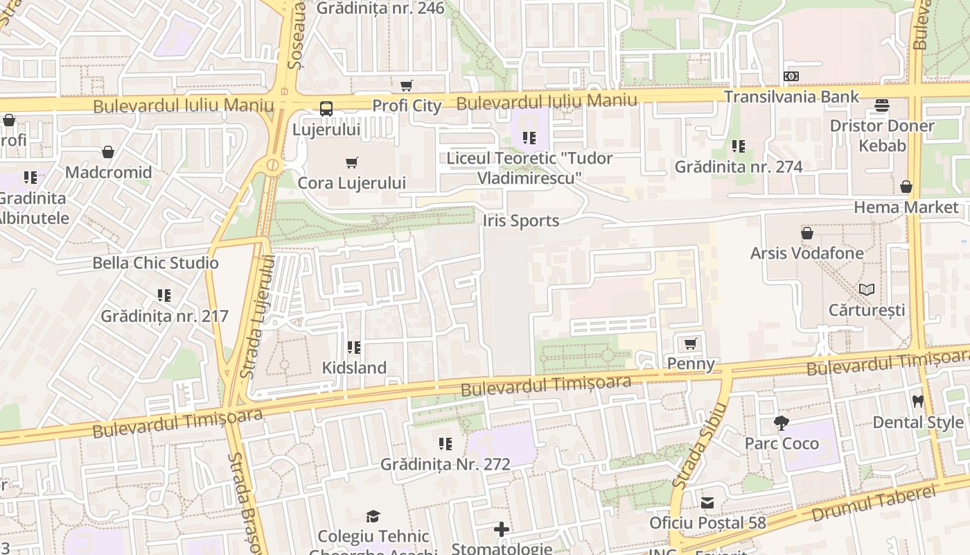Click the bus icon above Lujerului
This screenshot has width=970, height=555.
(326, 108)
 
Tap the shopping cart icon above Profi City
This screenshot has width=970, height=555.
(407, 86)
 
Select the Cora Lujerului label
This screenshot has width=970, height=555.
(351, 183)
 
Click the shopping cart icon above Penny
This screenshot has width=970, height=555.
(691, 343)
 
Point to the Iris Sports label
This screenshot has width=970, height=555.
(520, 221)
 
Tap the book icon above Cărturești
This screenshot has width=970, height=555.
(867, 289)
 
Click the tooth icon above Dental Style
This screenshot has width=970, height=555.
(918, 401)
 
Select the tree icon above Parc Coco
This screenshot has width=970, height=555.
(782, 422)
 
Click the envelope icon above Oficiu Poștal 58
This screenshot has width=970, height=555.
(707, 502)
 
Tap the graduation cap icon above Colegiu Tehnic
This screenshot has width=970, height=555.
(373, 516)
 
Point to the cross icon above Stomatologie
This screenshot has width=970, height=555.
(502, 529)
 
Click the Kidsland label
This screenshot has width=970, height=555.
(354, 368)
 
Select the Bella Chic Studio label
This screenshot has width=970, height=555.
(156, 263)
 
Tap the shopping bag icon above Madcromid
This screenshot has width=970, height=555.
(108, 152)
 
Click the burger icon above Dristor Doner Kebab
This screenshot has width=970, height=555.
(882, 105)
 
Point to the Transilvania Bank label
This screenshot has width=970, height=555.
(791, 96)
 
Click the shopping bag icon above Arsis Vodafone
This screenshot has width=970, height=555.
(807, 233)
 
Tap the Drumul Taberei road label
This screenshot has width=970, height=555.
(874, 504)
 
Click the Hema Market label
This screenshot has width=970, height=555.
(906, 207)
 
